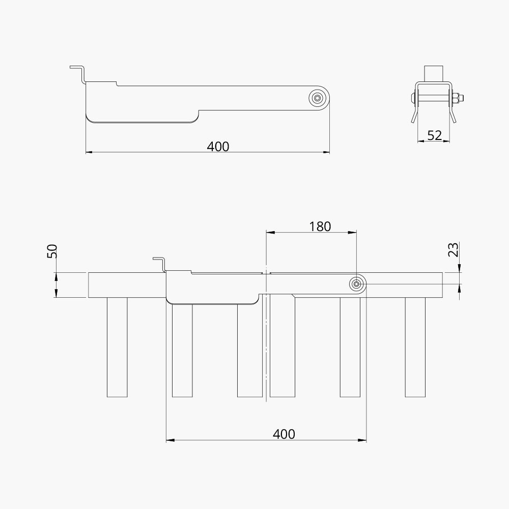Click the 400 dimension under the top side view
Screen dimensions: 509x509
pos(218,147)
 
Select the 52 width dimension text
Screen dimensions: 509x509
pos(434,135)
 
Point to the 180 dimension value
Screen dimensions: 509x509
pos(320,227)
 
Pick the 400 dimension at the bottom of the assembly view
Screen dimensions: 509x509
pos(284,434)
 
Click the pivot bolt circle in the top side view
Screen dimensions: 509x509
pos(318,98)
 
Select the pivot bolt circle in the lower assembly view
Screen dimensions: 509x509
pos(357,285)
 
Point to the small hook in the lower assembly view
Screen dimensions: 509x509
pos(160,263)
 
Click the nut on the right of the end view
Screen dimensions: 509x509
pos(457,98)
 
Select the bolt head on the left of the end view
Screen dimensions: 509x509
pos(412,98)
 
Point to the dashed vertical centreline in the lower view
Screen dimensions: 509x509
pos(266,346)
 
